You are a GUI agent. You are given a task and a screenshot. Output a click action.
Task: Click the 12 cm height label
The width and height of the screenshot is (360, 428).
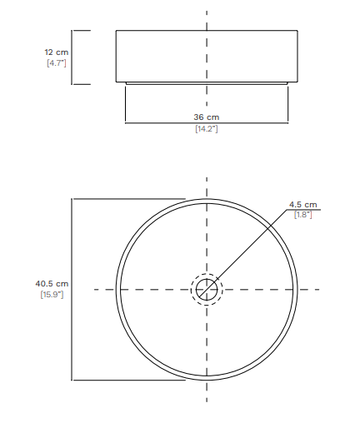click(x=57, y=52)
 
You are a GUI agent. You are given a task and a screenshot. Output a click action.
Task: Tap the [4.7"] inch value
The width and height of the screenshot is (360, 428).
click(x=57, y=63)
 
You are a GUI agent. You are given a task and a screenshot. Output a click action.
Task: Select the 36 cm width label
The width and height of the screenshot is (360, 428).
click(x=207, y=117)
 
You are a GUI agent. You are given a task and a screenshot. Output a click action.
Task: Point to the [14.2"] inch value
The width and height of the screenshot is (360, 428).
click(x=207, y=129)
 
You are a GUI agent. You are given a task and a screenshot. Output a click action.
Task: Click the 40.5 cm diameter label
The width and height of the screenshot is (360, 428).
click(x=52, y=284)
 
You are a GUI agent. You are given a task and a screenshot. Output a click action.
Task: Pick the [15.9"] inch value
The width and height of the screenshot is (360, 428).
click(x=52, y=294)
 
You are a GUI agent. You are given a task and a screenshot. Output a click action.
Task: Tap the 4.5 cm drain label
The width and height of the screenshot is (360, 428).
click(x=302, y=205)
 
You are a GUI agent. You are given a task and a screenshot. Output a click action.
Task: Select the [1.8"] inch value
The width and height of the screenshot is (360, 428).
click(x=302, y=215)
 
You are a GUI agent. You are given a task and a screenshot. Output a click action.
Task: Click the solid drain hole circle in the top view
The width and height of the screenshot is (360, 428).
click(x=207, y=279)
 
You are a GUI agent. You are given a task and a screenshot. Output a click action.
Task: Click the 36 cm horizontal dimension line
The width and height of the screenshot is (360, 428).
click(x=207, y=122)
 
